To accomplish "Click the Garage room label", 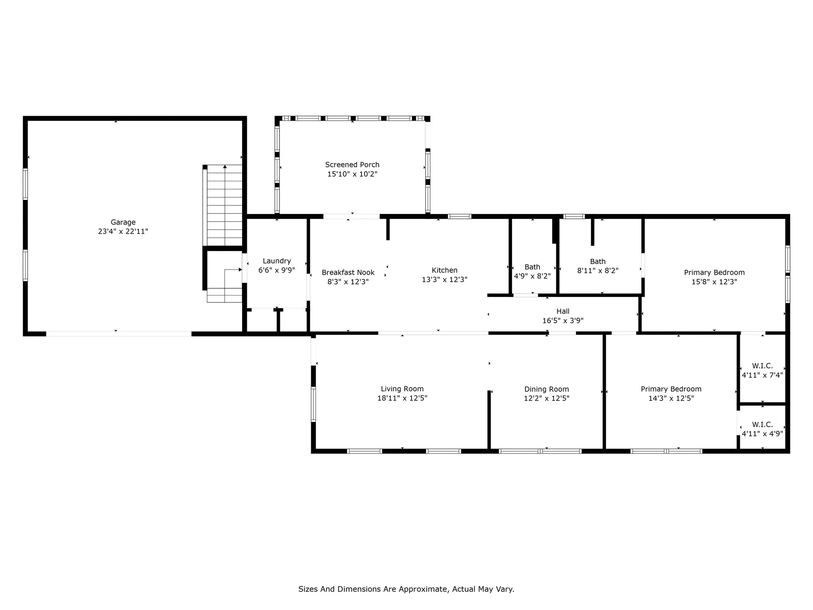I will point(123,222).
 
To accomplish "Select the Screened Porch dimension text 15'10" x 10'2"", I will point(352,174).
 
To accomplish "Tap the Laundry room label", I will point(277,261).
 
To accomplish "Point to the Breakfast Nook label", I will point(348,272).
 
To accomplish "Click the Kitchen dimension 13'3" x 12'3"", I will point(444,280).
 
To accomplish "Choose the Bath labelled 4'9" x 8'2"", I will point(532,271).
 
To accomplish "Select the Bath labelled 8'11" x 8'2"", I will point(597,266).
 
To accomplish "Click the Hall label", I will point(563,311).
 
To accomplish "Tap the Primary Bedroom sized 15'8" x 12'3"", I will point(714,277).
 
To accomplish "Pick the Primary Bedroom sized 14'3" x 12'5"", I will point(671,394).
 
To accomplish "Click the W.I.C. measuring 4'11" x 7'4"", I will point(762,370).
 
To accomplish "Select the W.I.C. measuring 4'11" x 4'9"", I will point(762,429).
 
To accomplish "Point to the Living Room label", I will point(402,389).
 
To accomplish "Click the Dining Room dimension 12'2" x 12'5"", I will point(546,399).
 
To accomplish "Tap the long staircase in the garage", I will point(224,205).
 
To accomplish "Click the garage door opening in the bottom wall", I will point(119,334).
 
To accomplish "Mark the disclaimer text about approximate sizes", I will point(406,589).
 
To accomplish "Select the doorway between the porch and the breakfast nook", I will point(351,216).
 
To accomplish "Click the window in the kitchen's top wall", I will point(459,216).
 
